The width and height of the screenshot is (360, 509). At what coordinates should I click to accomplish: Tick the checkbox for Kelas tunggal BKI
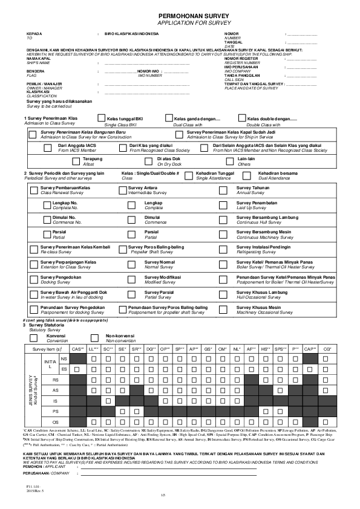point(101,119)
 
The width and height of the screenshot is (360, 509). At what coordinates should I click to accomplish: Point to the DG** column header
point(150,349)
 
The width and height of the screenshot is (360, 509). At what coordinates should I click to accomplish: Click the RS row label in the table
point(56,379)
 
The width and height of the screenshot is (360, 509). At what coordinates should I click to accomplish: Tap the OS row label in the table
point(56,421)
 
